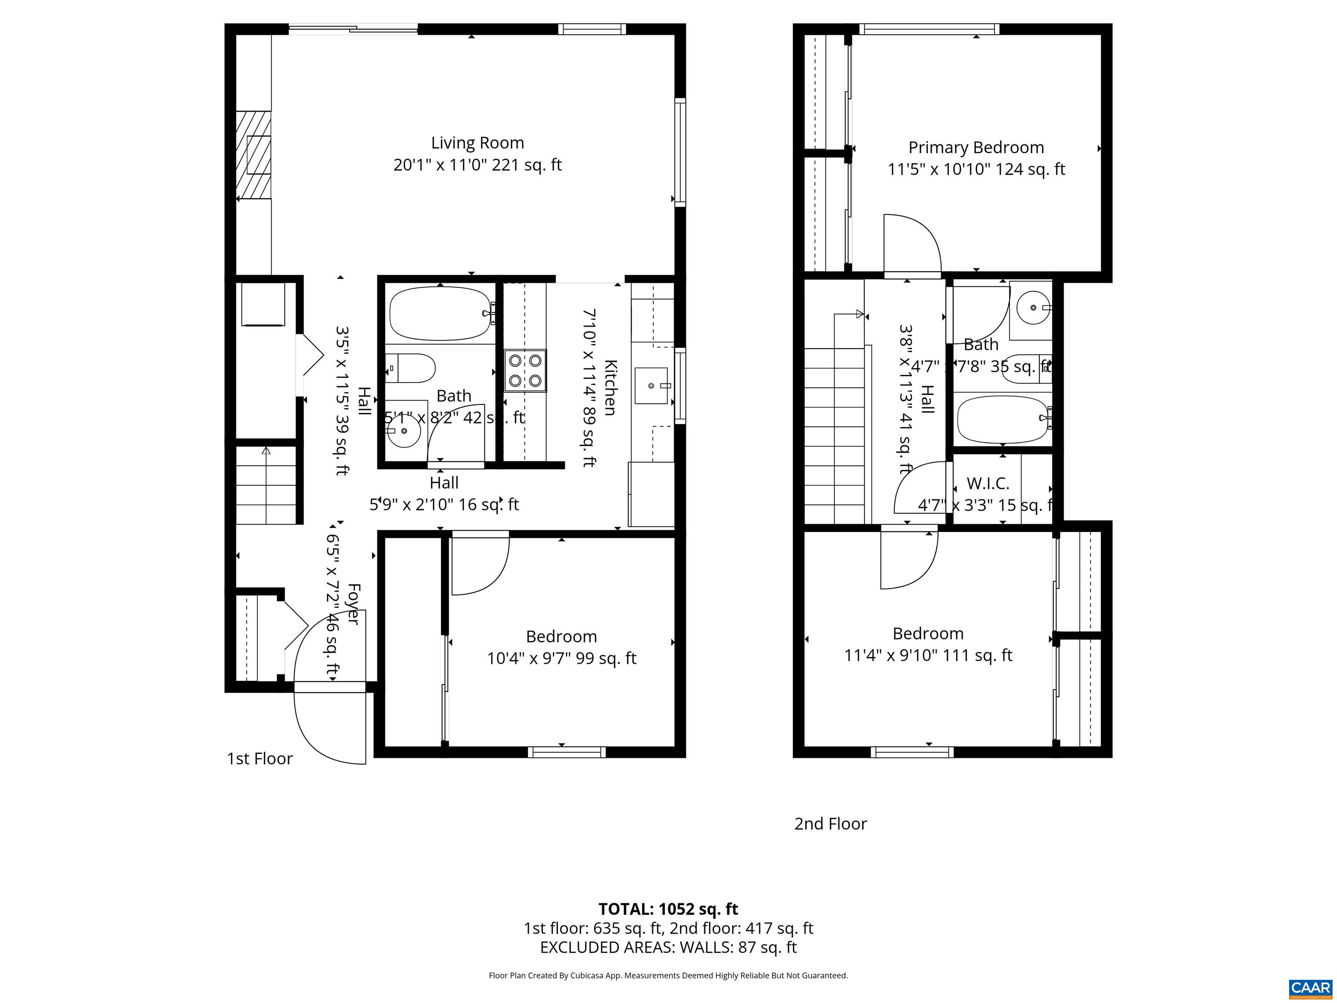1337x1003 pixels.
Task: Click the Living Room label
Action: pyautogui.click(x=477, y=143)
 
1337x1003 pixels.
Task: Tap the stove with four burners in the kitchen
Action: pyautogui.click(x=524, y=370)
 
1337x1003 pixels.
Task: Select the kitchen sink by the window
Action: pyautogui.click(x=652, y=385)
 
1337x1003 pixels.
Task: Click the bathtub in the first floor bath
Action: pyautogui.click(x=440, y=313)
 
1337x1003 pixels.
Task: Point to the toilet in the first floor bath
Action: pyautogui.click(x=411, y=367)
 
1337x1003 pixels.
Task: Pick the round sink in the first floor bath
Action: pyautogui.click(x=403, y=431)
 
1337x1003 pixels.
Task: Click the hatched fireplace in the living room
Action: pyautogui.click(x=253, y=155)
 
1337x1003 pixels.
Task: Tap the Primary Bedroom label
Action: pyautogui.click(x=976, y=148)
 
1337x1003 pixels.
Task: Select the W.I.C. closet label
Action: pyautogui.click(x=988, y=484)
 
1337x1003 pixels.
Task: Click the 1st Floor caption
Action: pyautogui.click(x=259, y=759)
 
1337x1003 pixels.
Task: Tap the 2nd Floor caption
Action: pyautogui.click(x=830, y=824)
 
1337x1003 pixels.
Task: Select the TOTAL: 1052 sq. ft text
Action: pyautogui.click(x=668, y=909)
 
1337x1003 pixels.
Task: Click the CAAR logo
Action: pyautogui.click(x=1310, y=988)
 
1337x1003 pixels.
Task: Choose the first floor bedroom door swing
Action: pyautogui.click(x=479, y=563)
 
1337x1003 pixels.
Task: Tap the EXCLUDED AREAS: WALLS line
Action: pyautogui.click(x=668, y=947)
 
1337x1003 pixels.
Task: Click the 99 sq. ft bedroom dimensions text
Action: pyautogui.click(x=561, y=658)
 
